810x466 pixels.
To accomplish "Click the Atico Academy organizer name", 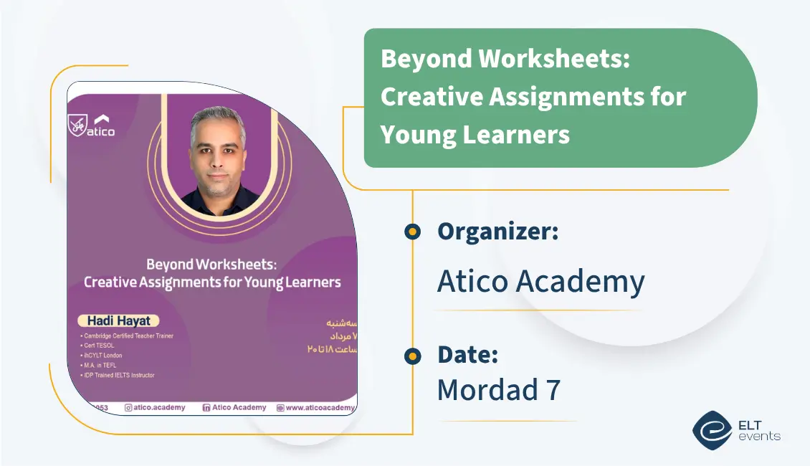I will (540, 282).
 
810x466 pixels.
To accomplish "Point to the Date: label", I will (467, 355).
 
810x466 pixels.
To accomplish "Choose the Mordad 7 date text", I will (498, 389).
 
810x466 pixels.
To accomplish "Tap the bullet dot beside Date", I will (412, 356).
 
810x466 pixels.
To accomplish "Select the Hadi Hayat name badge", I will (118, 321).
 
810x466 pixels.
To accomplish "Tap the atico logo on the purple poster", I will (92, 126).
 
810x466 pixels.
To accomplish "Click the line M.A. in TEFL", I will (102, 365).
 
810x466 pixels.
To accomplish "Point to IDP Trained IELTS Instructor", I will (119, 375).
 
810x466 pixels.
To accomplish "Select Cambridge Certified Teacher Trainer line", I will (128, 336).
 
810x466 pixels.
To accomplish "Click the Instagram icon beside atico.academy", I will (128, 408).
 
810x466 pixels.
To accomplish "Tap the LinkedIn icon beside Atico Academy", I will (206, 408).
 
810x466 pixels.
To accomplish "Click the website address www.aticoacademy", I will (320, 408).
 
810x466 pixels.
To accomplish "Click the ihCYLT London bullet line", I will (103, 355).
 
